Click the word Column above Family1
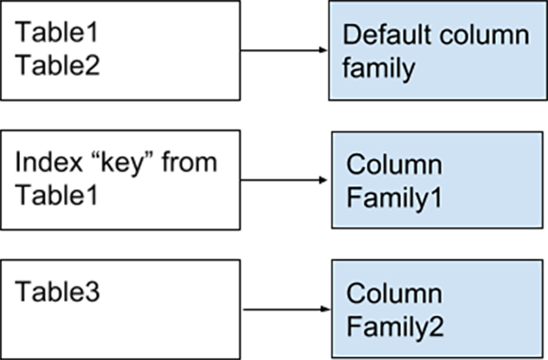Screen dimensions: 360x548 click(395, 166)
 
